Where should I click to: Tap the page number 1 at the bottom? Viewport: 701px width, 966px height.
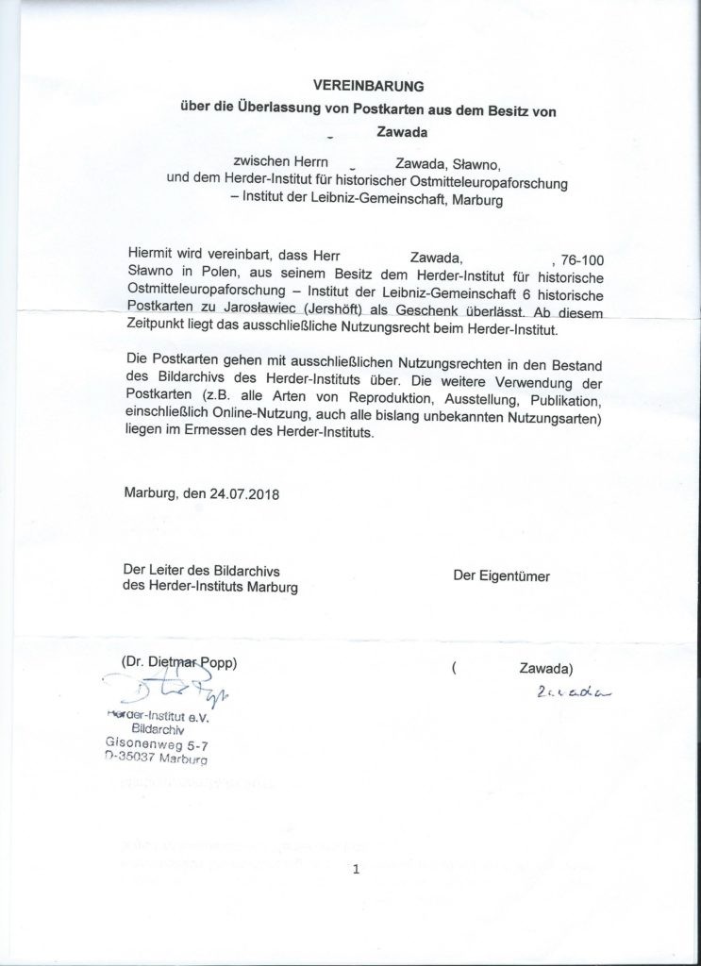[x=356, y=870]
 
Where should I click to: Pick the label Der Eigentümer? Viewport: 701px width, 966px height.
[x=501, y=575]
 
